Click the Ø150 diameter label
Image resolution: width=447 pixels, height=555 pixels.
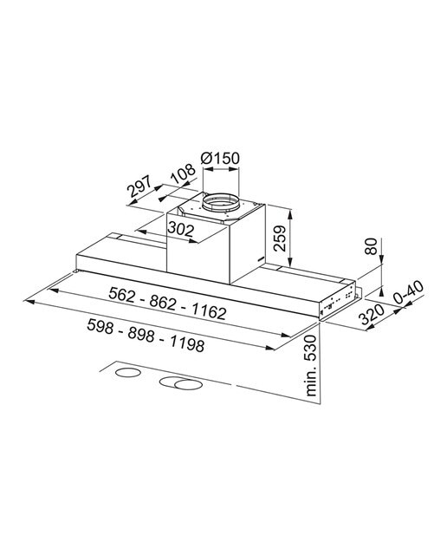(x=220, y=158)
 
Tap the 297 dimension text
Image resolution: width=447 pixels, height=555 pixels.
(x=139, y=186)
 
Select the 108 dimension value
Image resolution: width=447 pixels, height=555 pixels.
(x=183, y=174)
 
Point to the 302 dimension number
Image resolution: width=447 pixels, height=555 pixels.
(x=181, y=229)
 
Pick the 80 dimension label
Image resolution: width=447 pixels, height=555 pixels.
(x=371, y=246)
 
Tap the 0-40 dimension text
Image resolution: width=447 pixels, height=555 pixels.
(x=409, y=292)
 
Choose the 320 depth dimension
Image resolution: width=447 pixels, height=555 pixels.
(x=372, y=314)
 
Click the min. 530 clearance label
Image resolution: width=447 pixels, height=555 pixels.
(x=310, y=365)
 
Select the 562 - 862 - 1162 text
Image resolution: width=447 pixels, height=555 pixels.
(x=167, y=303)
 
